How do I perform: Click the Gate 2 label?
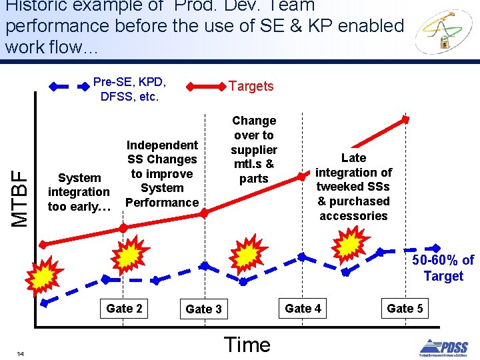pos(124,308)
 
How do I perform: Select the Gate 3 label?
pos(203,309)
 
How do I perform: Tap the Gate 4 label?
pos(303,308)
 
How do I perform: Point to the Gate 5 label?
pos(405,308)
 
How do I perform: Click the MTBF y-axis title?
pos(21,198)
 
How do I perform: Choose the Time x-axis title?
pos(247,344)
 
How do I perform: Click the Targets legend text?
pos(251,86)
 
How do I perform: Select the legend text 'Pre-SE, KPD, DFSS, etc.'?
pos(129,89)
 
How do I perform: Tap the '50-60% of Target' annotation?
pos(443,268)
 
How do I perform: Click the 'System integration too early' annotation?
pos(79,192)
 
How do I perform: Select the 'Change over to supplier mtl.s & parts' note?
pos(253,149)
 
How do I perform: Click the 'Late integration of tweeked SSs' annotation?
pos(353,187)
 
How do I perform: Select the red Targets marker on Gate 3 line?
pos(205,213)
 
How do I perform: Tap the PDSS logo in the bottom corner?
pos(443,347)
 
